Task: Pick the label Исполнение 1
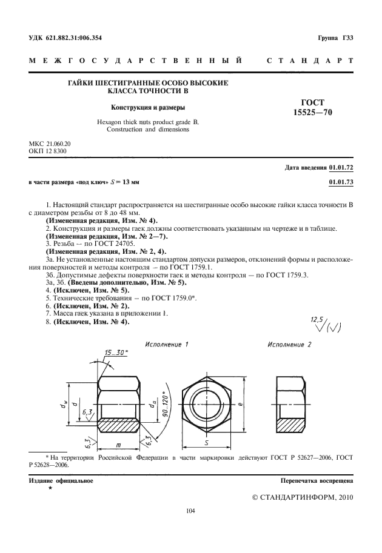pyautogui.click(x=166, y=344)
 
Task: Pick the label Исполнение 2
pyautogui.click(x=289, y=344)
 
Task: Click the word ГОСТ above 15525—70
pyautogui.click(x=313, y=102)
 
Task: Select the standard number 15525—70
pyautogui.click(x=313, y=112)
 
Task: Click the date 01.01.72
pyautogui.click(x=341, y=167)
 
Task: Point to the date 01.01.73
pyautogui.click(x=341, y=181)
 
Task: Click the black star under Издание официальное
pyautogui.click(x=50, y=488)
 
